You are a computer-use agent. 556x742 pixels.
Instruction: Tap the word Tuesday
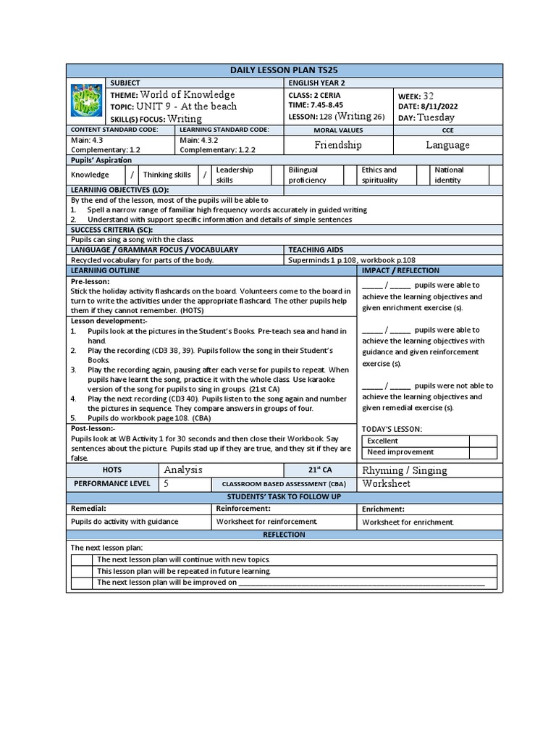click(x=437, y=117)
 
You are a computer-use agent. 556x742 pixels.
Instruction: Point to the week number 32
click(x=429, y=95)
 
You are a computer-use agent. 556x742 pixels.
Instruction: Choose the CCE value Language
click(x=447, y=145)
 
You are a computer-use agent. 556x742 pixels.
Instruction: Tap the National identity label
click(x=449, y=175)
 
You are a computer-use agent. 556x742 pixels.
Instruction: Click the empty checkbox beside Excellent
click(x=483, y=441)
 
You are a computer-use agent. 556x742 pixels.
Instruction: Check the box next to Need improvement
click(x=483, y=452)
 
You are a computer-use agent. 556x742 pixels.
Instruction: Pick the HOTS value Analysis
click(x=183, y=470)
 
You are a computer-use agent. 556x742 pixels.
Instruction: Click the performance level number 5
click(x=167, y=483)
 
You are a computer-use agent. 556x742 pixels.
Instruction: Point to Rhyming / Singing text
click(x=405, y=470)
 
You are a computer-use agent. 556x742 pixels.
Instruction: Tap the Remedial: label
click(x=88, y=509)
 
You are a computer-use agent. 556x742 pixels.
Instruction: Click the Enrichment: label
click(x=387, y=509)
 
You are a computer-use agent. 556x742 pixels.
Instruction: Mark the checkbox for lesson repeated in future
click(x=82, y=571)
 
